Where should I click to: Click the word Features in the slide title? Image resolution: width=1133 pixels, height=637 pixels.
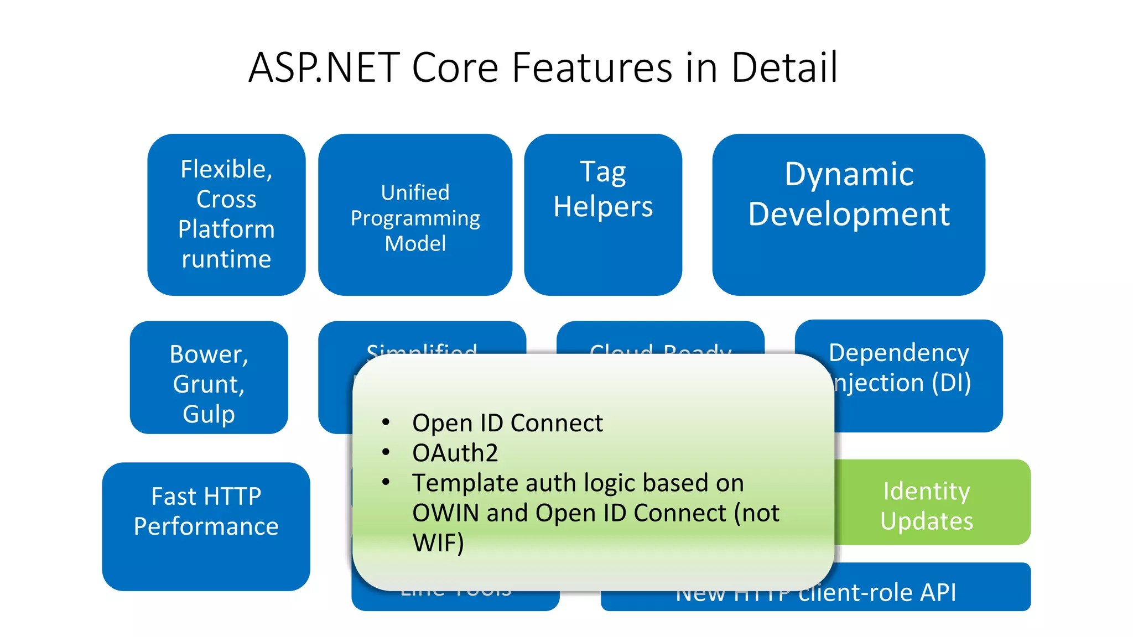591,67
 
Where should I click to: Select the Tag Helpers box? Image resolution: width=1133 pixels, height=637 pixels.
603,215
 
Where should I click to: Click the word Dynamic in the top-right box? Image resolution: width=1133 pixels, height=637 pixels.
849,175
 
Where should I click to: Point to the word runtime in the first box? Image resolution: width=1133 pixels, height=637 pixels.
226,259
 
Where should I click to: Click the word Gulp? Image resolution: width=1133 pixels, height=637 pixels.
209,414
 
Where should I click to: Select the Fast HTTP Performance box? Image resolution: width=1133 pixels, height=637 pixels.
206,525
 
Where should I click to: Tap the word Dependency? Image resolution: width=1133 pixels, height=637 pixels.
898,353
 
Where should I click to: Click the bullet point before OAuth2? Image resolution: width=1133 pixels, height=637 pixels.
386,452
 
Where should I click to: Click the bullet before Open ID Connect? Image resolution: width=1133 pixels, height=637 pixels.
386,422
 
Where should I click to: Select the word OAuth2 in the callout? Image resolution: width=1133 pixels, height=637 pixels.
455,453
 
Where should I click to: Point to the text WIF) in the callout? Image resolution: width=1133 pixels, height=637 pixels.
438,542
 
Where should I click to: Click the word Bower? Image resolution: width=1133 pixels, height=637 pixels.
208,354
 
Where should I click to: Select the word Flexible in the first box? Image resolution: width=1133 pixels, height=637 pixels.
226,169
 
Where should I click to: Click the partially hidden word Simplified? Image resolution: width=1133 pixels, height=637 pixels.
422,348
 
